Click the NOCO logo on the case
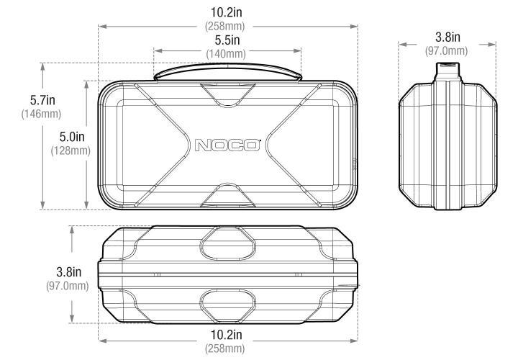pos(227,144)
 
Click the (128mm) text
pos(70,150)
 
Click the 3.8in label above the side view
pos(447,37)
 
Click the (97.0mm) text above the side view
pos(447,50)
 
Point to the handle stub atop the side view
pos(447,71)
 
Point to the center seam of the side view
pos(447,144)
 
